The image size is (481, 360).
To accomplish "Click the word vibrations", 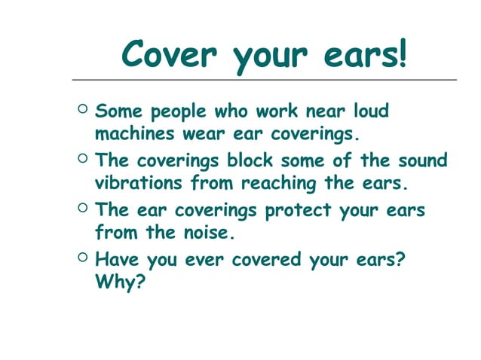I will click(x=140, y=184).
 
